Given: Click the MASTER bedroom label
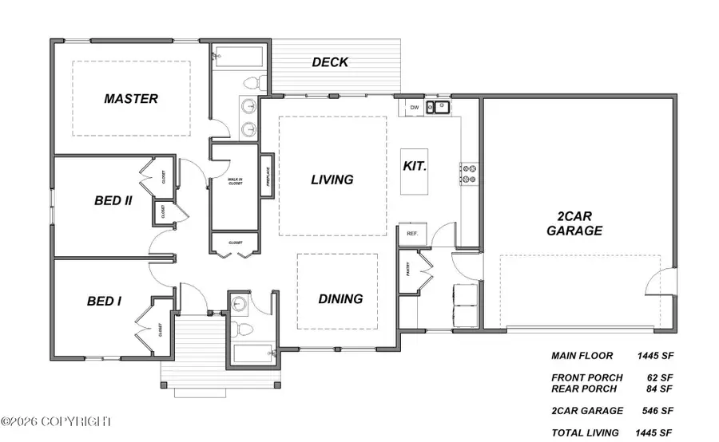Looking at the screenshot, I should pos(131,99).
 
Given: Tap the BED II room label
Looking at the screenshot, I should pos(113,200).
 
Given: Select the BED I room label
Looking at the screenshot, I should pos(104,301).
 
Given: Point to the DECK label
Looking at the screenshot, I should pos(330,61).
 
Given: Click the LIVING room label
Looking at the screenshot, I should pos(332,180).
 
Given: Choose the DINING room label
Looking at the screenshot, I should pos(340,299).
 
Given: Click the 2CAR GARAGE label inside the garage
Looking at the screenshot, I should pos(574,223).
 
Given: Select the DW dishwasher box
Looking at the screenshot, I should pos(414,107).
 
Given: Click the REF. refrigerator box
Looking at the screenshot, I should pos(413,234).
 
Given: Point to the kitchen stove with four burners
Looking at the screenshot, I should pos(469,174).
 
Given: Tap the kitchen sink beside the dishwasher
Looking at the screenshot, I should pos(439,107).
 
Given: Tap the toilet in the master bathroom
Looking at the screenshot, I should pos(254,81).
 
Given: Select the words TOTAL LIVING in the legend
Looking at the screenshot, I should pos(585,432).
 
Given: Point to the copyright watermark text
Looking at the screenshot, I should pos(58,420).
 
